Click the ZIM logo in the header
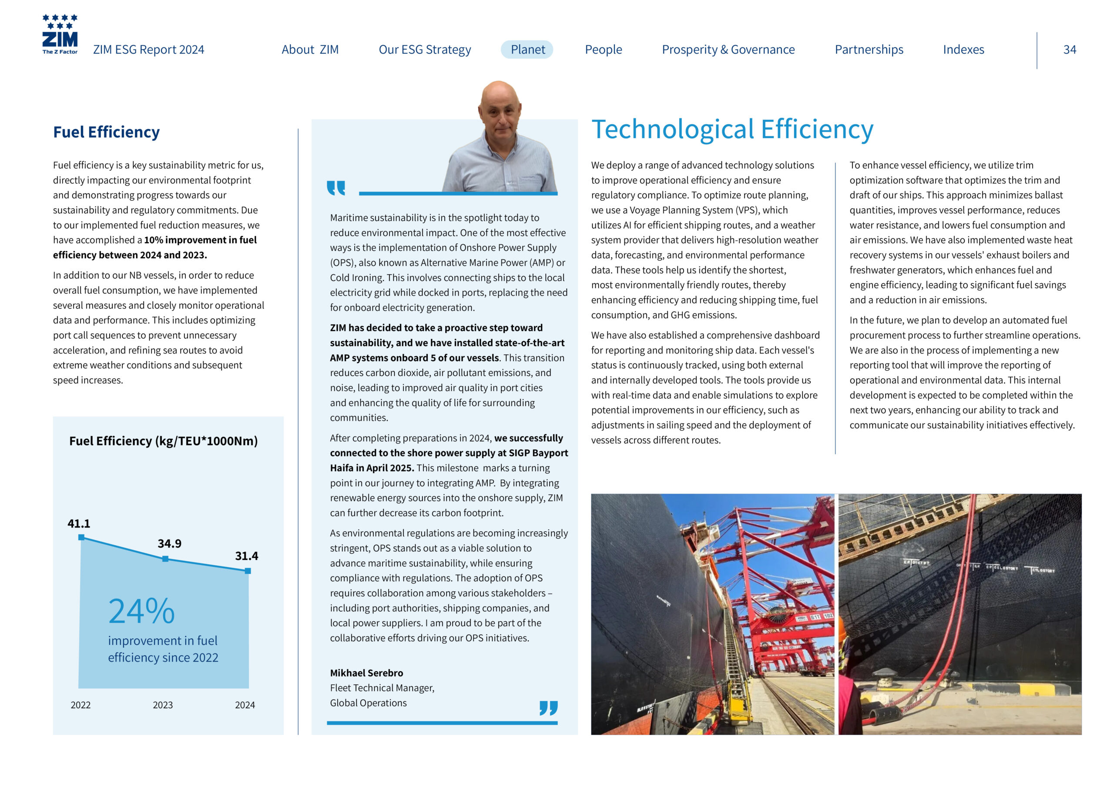point(60,34)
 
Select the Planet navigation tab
point(527,50)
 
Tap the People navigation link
point(603,50)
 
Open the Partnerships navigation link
point(869,50)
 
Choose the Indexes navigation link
point(963,50)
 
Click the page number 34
point(1069,50)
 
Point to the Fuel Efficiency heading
point(106,132)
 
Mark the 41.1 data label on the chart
point(79,523)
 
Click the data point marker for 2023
point(165,559)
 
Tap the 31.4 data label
point(246,556)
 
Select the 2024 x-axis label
point(245,705)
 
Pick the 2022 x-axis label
point(81,705)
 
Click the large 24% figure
point(141,611)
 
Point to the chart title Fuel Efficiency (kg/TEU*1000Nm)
point(164,441)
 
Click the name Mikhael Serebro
point(366,673)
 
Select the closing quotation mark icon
point(548,707)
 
